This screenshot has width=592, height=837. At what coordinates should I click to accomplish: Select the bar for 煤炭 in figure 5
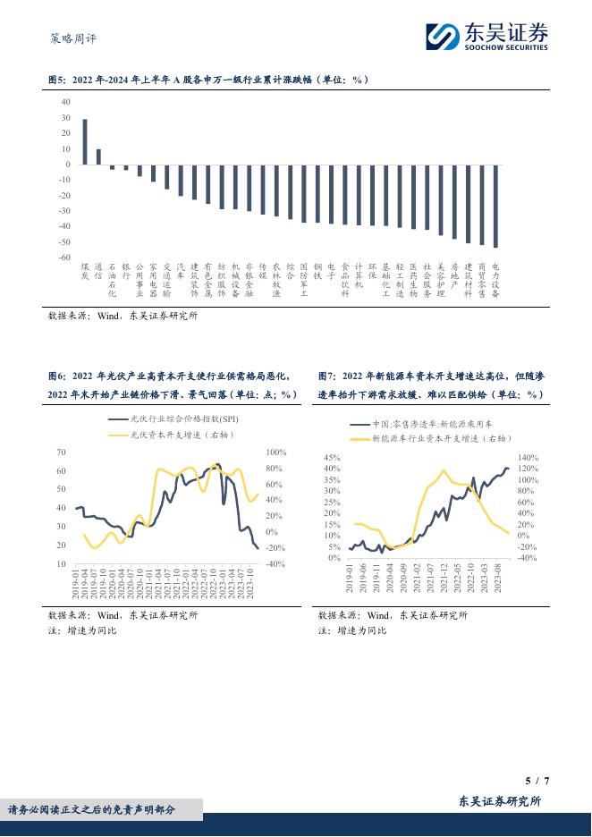point(85,141)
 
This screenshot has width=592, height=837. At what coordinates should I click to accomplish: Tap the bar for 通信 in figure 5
point(98,156)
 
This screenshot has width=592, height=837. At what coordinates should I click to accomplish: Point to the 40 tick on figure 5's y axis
point(65,102)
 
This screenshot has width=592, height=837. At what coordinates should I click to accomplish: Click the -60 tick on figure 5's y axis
point(63,258)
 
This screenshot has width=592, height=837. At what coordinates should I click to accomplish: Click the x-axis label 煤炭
point(85,271)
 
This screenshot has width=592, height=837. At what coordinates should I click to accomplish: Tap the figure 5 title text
point(208,80)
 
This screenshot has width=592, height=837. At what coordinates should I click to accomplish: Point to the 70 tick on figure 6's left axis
point(61,452)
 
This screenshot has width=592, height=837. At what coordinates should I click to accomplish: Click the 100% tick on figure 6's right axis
point(275,452)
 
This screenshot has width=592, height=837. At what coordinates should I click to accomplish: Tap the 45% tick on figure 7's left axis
point(331,457)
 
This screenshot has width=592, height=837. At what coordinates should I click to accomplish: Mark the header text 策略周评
point(71,38)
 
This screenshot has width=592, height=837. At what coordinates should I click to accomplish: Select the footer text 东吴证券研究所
point(500,801)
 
